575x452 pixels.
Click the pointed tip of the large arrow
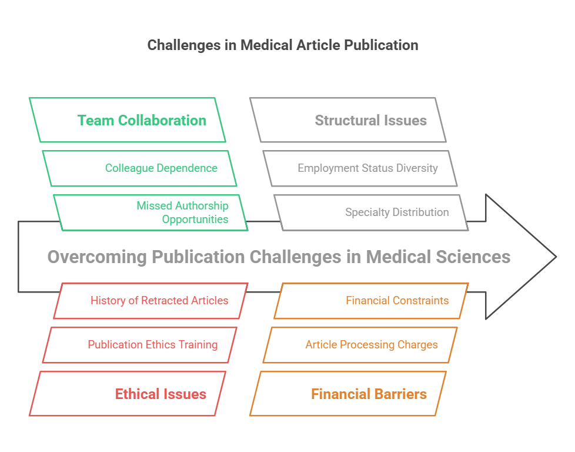coord(554,257)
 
